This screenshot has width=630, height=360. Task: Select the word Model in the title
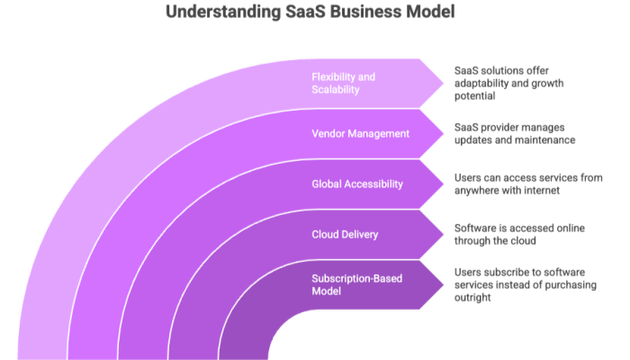pyautogui.click(x=430, y=13)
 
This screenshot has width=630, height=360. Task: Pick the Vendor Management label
pyautogui.click(x=360, y=133)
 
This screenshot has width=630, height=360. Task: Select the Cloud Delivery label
pyautogui.click(x=345, y=234)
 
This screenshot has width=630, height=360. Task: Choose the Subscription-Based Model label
pyautogui.click(x=357, y=284)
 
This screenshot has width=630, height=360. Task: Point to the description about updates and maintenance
pyautogui.click(x=513, y=133)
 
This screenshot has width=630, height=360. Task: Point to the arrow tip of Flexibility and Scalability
pyautogui.click(x=442, y=83)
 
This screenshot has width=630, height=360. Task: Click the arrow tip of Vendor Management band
pyautogui.click(x=442, y=133)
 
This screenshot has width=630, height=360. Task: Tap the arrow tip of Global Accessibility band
pyautogui.click(x=442, y=184)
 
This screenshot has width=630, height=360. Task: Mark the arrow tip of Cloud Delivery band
pyautogui.click(x=442, y=234)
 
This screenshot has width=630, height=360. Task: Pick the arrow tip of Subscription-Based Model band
pyautogui.click(x=442, y=284)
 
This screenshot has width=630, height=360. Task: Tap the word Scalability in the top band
pyautogui.click(x=336, y=90)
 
